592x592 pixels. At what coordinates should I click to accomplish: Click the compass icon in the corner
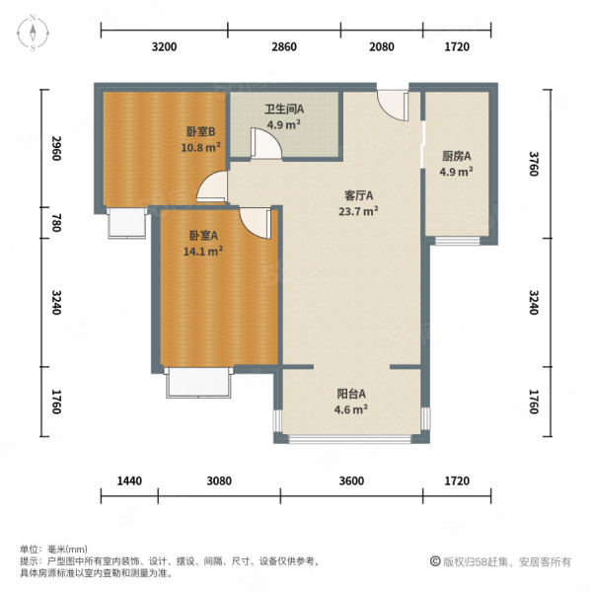[33, 34]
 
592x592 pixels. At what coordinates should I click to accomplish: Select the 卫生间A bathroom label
[283, 110]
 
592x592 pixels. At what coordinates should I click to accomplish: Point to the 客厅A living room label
[357, 195]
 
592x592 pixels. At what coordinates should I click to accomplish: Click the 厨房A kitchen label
[455, 156]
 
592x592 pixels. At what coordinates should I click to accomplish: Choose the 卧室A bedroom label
[204, 235]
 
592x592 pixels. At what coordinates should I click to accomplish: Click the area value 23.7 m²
[357, 210]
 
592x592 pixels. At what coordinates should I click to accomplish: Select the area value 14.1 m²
[204, 251]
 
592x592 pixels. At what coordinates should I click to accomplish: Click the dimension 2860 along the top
[283, 47]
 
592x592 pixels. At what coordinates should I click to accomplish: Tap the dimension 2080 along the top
[381, 47]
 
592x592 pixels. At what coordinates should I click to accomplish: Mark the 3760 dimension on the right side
[534, 160]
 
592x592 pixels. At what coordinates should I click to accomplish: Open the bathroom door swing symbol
[263, 144]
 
